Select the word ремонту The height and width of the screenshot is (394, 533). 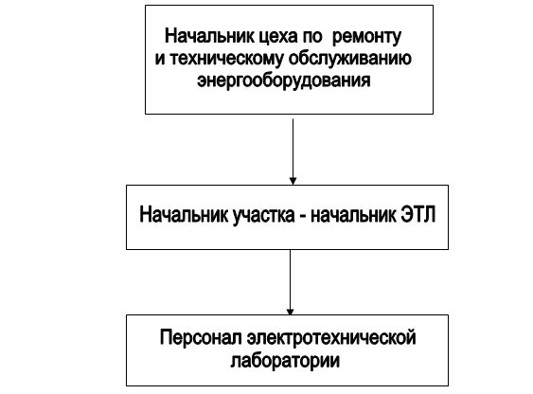(x=366, y=37)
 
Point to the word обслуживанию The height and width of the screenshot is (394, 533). (x=350, y=59)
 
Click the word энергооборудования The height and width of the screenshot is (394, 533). (x=283, y=81)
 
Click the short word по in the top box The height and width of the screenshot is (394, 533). (x=311, y=37)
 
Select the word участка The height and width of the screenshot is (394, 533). (x=263, y=216)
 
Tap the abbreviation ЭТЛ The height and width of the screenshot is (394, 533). (x=418, y=215)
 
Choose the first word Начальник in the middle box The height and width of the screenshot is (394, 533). (x=184, y=215)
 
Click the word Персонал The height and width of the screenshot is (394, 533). (x=202, y=337)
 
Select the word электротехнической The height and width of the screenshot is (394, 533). (x=331, y=337)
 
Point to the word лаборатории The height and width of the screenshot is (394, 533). (x=285, y=360)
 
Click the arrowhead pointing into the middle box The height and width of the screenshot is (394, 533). (x=293, y=181)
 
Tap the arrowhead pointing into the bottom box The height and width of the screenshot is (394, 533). (x=290, y=311)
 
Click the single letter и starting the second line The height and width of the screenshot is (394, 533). (x=160, y=59)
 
